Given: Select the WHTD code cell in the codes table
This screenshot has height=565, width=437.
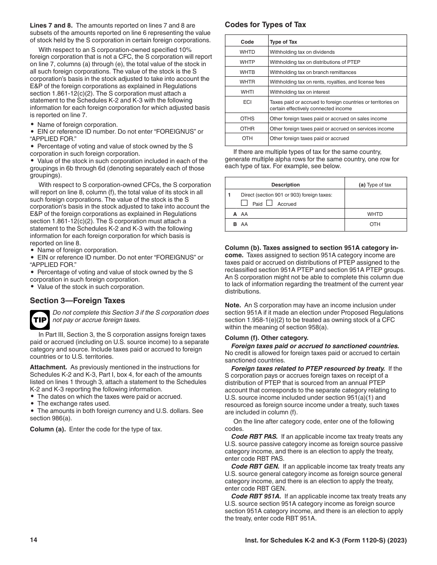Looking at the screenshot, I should click(247, 52).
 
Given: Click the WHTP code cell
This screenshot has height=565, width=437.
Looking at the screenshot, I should click(247, 62).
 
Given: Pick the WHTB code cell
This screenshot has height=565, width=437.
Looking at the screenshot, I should click(247, 72).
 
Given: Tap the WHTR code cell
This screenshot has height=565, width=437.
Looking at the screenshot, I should click(247, 82).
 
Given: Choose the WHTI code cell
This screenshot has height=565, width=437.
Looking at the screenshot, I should click(247, 92).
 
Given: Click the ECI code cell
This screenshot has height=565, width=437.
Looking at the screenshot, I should click(247, 102).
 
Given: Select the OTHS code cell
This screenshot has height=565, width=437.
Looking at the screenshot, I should click(247, 119).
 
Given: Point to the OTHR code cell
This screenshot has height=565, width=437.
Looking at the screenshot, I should click(247, 129).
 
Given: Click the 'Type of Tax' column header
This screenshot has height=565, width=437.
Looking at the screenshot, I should click(283, 42).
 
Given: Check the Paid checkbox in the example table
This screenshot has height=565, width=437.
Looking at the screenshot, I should click(244, 203).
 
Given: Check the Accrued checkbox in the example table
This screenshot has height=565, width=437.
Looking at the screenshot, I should click(270, 203).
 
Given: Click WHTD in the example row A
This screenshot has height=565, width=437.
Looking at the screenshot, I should click(375, 214).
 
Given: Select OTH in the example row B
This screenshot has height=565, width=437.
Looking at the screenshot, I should click(375, 224).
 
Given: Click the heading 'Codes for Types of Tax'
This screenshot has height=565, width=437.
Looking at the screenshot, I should click(265, 25).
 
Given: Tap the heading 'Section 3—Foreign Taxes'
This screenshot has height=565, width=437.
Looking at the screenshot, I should click(77, 301).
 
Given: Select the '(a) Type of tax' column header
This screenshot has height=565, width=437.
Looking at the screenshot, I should click(375, 185).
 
